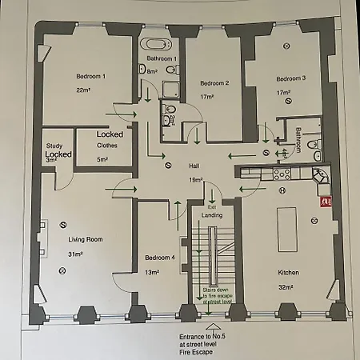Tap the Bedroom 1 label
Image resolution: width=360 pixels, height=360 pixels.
pos(90,76)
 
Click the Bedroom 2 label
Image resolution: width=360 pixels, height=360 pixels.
pos(214,83)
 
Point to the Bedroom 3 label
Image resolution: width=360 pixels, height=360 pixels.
pos(291,78)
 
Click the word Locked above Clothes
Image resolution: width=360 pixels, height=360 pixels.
pos(110,134)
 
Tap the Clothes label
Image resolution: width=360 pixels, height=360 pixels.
pos(107,146)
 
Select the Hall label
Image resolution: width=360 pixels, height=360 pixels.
pos(194,166)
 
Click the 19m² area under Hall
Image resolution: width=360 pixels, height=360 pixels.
pos(195,179)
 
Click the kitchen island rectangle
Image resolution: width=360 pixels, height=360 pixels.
pos(286,229)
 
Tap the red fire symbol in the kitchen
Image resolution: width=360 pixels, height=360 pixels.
pos(325,202)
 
